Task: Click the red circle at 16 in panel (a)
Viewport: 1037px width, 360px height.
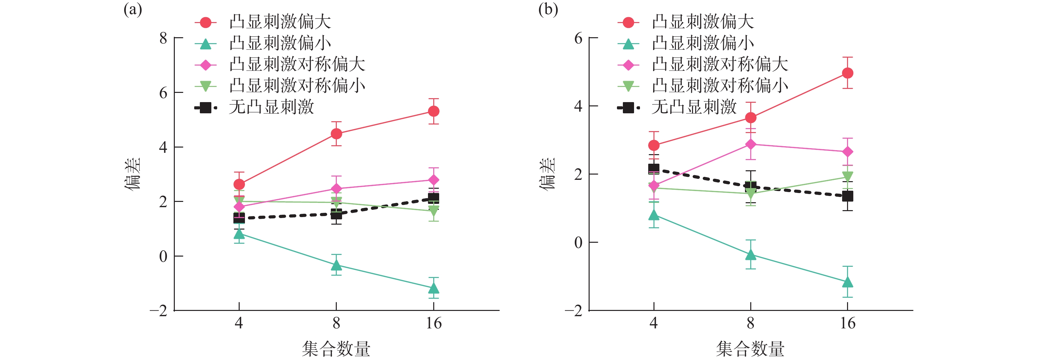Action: (x=433, y=111)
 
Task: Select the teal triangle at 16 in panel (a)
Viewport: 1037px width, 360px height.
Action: (x=433, y=288)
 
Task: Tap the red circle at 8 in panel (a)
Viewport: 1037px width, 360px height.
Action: (x=336, y=134)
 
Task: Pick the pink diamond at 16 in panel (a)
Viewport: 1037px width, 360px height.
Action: (x=433, y=180)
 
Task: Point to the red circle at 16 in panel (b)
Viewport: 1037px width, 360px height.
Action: (x=847, y=73)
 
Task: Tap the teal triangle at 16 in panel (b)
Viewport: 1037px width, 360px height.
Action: (x=847, y=282)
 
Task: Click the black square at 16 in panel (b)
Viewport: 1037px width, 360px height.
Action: (x=847, y=196)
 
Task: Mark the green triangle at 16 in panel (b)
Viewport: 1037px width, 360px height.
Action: (x=847, y=176)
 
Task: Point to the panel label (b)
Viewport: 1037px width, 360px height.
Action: (x=548, y=10)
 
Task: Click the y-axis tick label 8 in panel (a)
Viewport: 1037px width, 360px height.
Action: (x=163, y=38)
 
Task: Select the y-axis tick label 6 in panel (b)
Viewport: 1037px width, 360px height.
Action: (x=578, y=38)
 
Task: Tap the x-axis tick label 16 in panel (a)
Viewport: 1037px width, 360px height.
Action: (x=434, y=323)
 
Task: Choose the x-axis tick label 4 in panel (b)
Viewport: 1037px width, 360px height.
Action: (x=653, y=323)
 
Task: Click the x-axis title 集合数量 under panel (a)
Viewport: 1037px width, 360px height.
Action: (x=336, y=349)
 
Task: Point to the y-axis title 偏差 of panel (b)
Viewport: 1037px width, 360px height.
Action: (x=547, y=174)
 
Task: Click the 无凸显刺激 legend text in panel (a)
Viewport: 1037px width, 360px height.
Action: (x=271, y=107)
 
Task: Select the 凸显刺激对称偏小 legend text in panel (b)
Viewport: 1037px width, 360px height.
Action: (x=720, y=86)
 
